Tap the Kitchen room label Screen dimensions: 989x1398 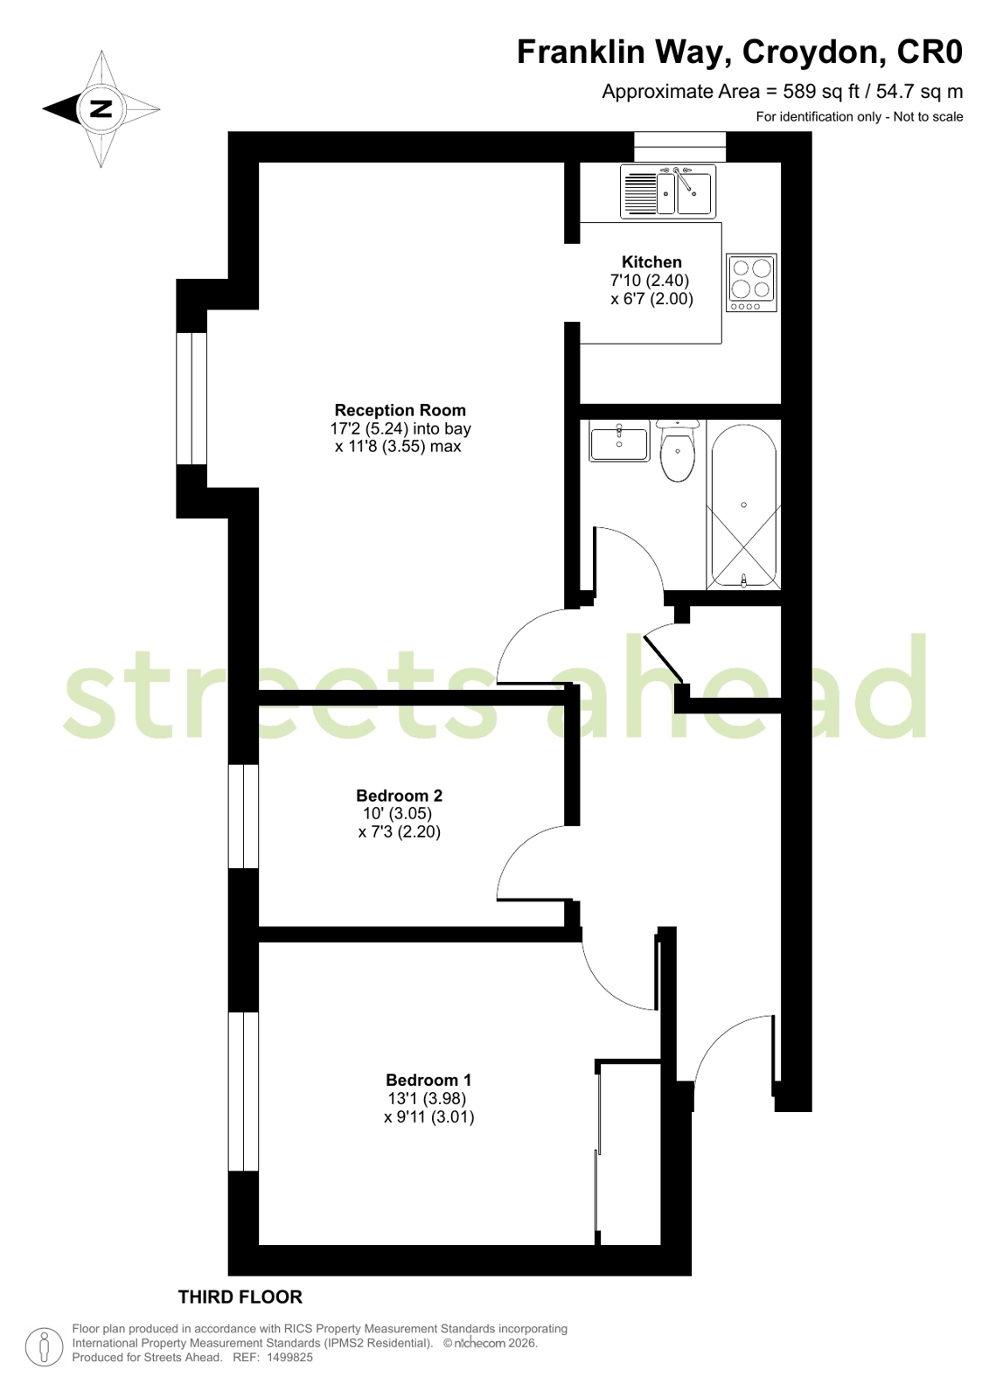(x=651, y=262)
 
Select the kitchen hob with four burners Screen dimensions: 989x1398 (x=752, y=282)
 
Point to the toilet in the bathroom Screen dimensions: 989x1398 (x=678, y=450)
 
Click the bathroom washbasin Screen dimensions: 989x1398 (x=619, y=440)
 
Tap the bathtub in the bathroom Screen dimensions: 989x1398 (x=743, y=505)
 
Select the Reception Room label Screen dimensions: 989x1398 (x=400, y=410)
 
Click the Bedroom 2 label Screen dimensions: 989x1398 (x=399, y=795)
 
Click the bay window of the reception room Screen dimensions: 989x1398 (x=191, y=398)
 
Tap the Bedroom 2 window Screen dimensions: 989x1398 (x=243, y=816)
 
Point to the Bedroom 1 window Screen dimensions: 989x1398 (x=243, y=1091)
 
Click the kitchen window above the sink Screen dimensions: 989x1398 (x=680, y=147)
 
